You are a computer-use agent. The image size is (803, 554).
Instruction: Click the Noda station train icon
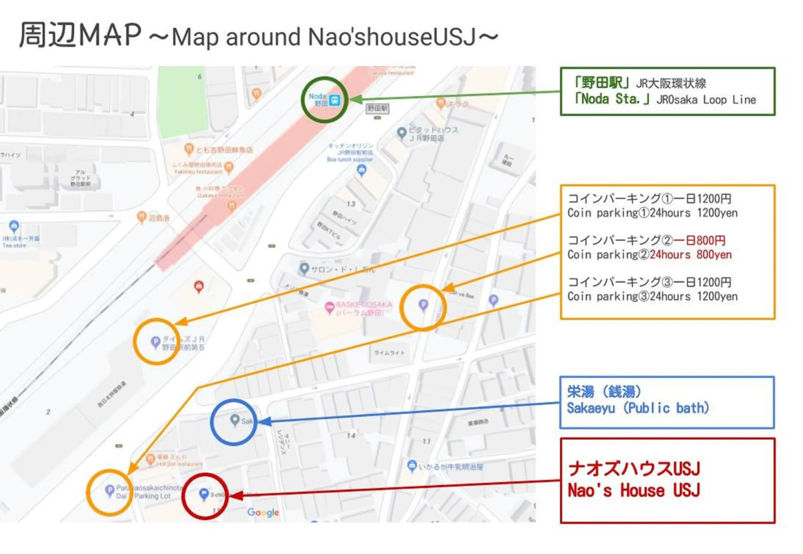334,100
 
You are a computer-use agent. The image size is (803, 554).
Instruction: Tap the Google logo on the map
263,512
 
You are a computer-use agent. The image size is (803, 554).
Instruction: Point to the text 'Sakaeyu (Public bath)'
638,408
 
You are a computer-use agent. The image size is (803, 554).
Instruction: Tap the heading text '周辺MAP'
80,35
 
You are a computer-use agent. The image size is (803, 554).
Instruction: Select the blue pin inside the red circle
203,494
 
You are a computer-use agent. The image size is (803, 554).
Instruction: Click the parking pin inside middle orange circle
423,305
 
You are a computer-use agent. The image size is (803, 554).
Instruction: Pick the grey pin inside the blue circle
234,420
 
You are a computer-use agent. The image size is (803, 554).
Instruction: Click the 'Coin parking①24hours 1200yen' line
652,213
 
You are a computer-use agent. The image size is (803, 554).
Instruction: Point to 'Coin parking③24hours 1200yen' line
652,296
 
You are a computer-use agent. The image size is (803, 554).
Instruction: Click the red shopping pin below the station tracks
199,286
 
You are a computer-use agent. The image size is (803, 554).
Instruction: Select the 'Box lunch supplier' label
350,160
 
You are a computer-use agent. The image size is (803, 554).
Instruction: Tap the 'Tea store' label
15,245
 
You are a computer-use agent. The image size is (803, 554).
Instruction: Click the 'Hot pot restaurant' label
180,464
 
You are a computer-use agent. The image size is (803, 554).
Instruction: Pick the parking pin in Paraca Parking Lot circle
109,490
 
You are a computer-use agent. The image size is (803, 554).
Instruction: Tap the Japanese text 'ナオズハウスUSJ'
634,469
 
